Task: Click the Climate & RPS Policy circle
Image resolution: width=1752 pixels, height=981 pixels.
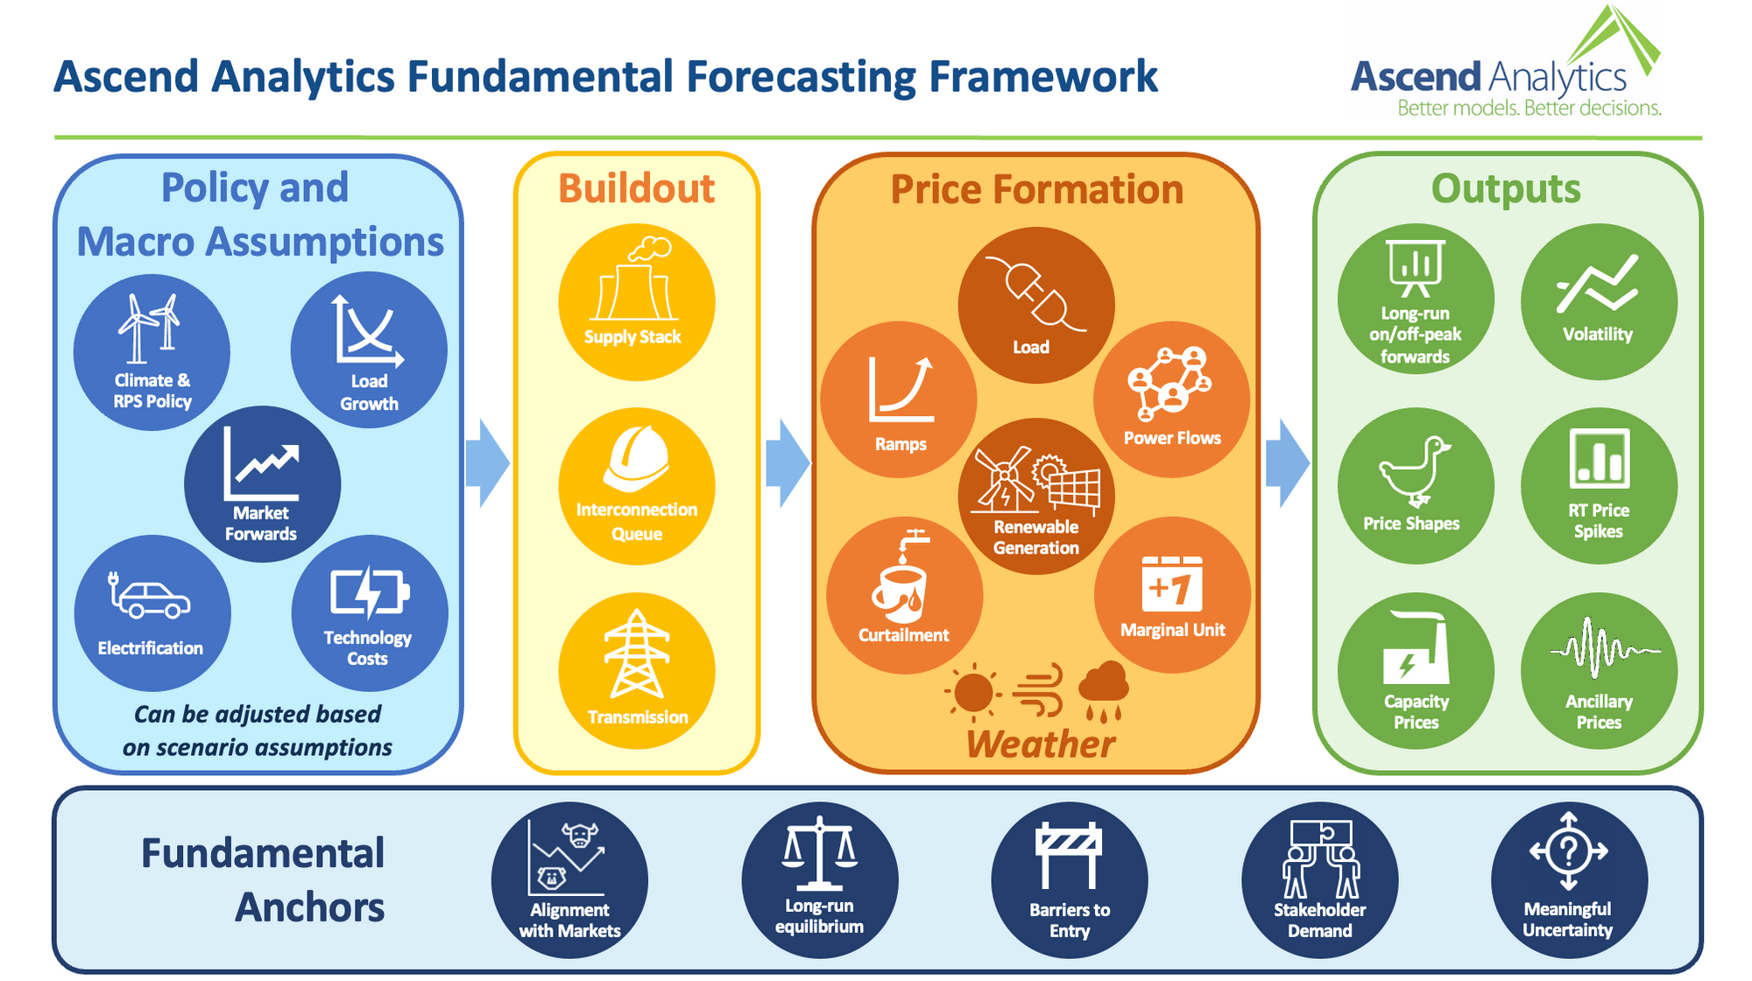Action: point(152,352)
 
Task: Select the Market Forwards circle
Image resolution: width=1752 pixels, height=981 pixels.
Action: point(262,483)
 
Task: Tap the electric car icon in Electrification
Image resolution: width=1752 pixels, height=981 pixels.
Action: point(151,597)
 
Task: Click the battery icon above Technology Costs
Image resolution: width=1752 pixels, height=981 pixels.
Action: point(369,593)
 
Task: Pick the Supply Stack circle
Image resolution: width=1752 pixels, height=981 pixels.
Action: point(637,302)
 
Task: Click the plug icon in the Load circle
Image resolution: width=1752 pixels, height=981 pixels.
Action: point(1036,293)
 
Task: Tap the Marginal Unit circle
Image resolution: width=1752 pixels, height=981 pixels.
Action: point(1172,595)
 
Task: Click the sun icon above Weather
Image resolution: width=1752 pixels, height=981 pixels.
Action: point(973,693)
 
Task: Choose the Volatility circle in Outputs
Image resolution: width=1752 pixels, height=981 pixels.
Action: point(1599,302)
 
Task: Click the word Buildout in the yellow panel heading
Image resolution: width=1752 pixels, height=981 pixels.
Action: point(637,189)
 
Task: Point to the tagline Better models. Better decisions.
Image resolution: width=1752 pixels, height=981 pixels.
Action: point(1529,109)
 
